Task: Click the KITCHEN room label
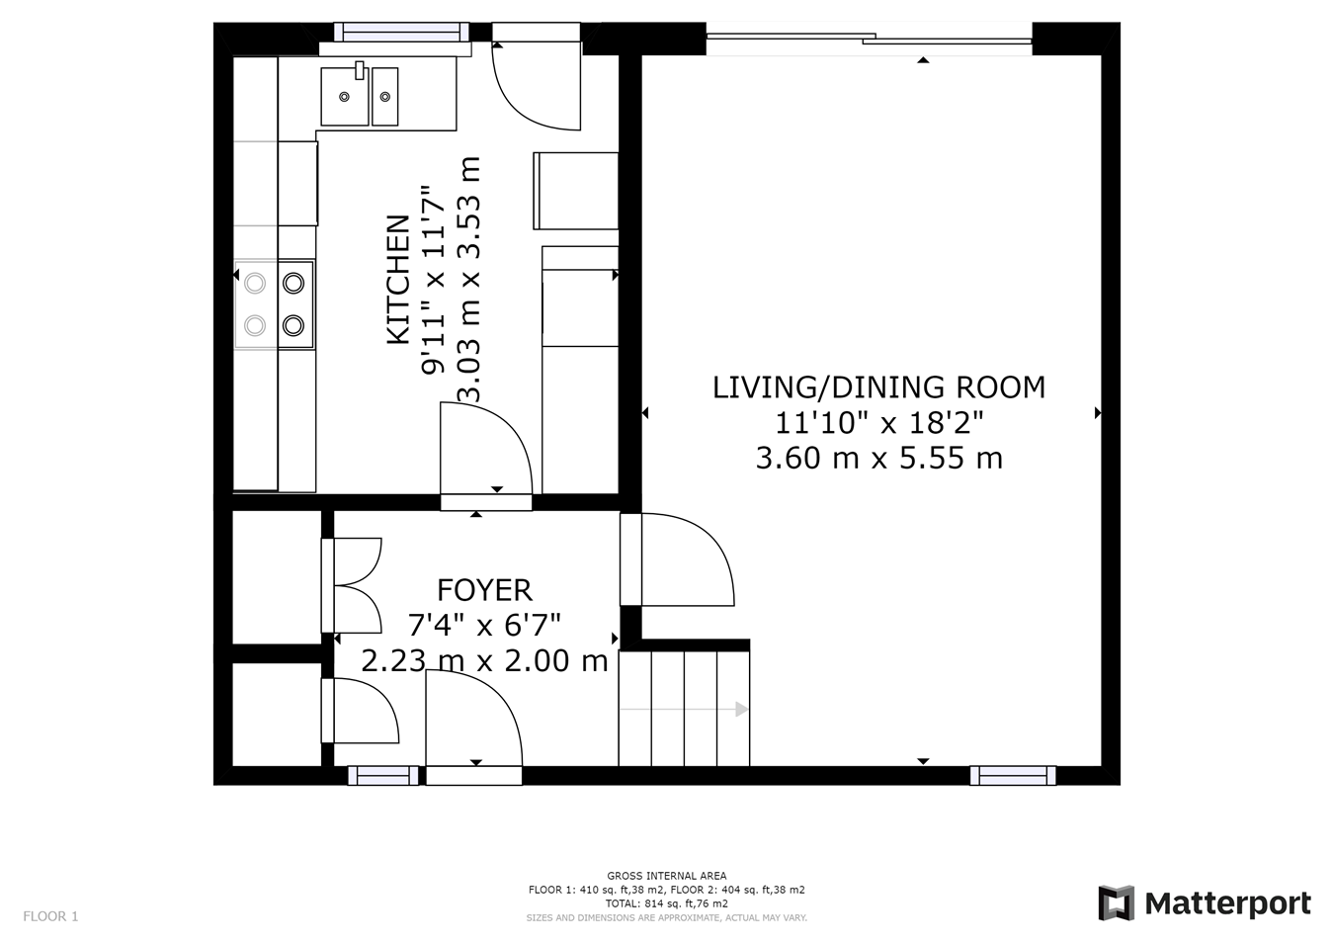point(398,280)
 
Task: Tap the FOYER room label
point(484,590)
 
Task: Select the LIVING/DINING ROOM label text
point(878,386)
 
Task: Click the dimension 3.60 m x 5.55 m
point(878,459)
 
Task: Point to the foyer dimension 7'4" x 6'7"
point(484,625)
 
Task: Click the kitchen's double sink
point(360,96)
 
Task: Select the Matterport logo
point(1205,903)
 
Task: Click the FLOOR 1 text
point(50,916)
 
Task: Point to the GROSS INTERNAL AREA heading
point(666,876)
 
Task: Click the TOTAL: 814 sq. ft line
point(666,903)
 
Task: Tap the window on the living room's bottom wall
point(1013,776)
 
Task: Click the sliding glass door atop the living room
point(870,39)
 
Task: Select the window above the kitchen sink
point(401,32)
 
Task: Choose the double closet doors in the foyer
point(354,585)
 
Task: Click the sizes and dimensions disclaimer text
point(666,918)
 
